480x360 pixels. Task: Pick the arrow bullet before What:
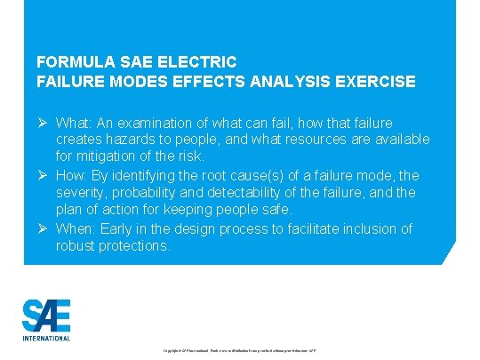click(43, 122)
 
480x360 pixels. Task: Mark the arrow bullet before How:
click(43, 175)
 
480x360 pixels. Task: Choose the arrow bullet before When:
click(43, 228)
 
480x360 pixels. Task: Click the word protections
click(134, 246)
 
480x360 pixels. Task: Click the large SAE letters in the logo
click(46, 316)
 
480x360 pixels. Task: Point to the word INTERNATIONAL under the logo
click(46, 338)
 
